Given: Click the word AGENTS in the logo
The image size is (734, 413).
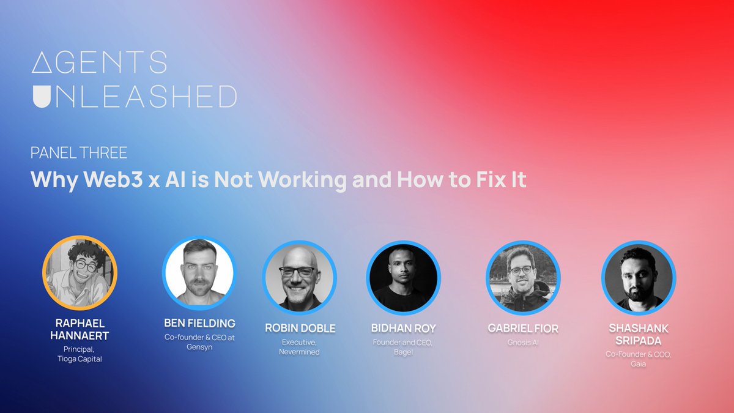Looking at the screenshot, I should (99, 63).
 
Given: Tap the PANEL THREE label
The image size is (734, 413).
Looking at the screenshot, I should (79, 153).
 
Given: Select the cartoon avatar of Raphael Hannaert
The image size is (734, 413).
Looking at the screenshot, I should (80, 273).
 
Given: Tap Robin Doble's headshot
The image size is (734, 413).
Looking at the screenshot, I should (300, 277).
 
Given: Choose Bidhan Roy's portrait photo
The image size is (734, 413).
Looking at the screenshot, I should (403, 277).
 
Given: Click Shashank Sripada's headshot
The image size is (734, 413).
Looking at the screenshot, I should (639, 278).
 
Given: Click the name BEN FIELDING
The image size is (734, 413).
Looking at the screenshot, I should (199, 323).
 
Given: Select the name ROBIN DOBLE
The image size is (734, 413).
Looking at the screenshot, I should (300, 329).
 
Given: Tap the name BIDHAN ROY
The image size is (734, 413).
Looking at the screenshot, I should (404, 329).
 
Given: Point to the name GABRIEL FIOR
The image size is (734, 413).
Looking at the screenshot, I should (523, 329).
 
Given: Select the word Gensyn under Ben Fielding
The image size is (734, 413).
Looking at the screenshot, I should (199, 347).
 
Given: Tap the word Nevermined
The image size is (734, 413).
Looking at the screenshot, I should (300, 352).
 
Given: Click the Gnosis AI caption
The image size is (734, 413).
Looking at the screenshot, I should (523, 343).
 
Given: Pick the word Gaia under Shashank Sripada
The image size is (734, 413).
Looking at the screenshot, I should (639, 364).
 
